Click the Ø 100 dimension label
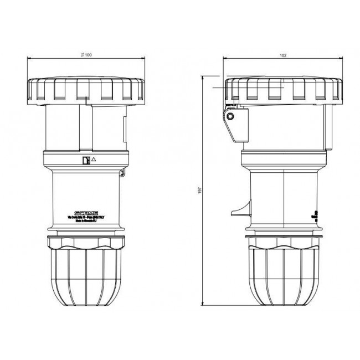pyautogui.click(x=86, y=54)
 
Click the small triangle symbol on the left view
pyautogui.click(x=93, y=160)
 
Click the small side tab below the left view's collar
pyautogui.click(x=122, y=174)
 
